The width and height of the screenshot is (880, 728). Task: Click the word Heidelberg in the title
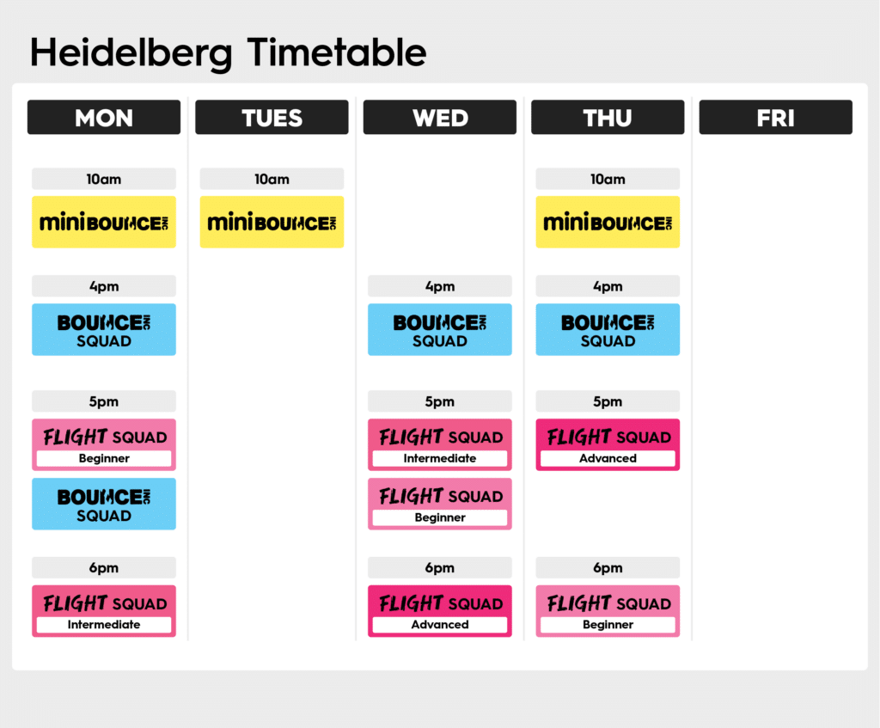(x=131, y=53)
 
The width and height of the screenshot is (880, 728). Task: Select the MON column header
(x=104, y=117)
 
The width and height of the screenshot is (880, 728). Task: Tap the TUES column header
(x=272, y=117)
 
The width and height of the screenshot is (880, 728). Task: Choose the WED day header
(x=440, y=117)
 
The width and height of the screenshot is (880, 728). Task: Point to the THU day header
(x=608, y=117)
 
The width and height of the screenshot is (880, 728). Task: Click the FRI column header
(x=776, y=117)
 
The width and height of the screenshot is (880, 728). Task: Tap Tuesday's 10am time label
(x=272, y=179)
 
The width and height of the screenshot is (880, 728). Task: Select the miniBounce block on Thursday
(x=608, y=222)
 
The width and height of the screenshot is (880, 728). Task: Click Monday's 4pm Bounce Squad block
(x=104, y=329)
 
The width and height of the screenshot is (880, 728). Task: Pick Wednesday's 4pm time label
(x=440, y=286)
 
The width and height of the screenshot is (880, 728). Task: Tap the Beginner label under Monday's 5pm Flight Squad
(x=104, y=459)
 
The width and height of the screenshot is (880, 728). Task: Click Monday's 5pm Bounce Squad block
(x=104, y=504)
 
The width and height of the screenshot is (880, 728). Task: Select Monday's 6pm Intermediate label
(x=104, y=625)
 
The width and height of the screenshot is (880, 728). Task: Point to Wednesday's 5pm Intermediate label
(x=440, y=459)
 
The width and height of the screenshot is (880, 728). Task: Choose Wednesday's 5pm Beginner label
(x=440, y=517)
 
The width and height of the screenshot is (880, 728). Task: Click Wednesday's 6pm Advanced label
(x=440, y=625)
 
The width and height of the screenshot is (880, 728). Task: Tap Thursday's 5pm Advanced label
(x=608, y=459)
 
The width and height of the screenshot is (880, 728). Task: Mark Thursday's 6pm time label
(x=608, y=567)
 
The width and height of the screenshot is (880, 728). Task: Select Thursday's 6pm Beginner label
(x=608, y=625)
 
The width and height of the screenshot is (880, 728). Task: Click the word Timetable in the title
(x=337, y=52)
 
